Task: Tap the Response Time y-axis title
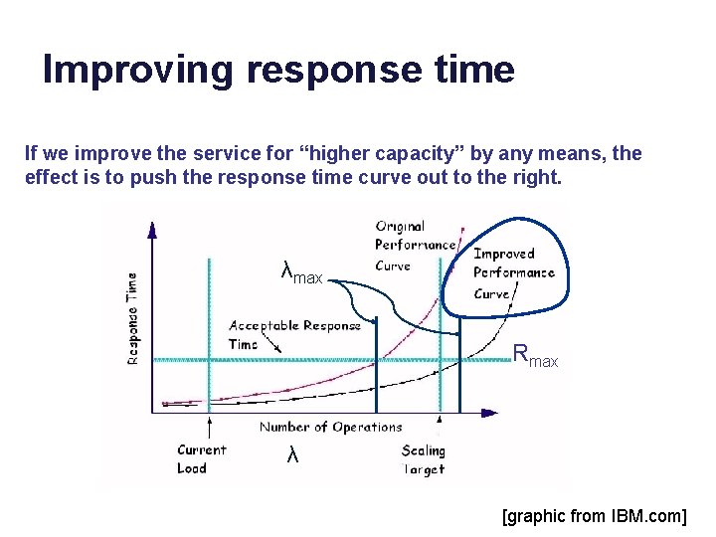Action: tap(133, 318)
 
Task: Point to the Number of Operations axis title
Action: tap(330, 428)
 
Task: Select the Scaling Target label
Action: tap(423, 458)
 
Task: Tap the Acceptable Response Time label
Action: tap(293, 334)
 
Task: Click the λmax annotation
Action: tap(301, 271)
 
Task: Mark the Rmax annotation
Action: tap(535, 354)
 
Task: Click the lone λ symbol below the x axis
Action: tap(291, 454)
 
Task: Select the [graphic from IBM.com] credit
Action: tap(594, 516)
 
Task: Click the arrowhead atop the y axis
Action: tap(152, 230)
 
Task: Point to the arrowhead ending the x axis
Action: tap(490, 411)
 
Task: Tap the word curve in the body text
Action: tap(394, 179)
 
